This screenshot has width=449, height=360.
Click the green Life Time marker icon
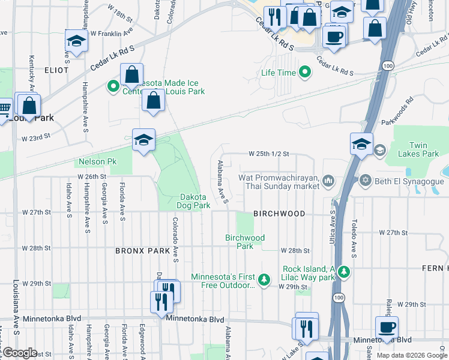coord(305,73)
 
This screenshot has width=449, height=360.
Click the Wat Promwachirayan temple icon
coord(328,180)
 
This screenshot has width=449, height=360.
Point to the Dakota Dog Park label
coord(193,201)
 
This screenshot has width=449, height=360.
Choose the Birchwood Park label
coord(244,242)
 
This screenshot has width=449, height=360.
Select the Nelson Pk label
coord(97,162)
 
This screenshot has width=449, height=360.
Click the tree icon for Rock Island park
coord(343,272)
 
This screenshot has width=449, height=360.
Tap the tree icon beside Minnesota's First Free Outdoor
coord(264,280)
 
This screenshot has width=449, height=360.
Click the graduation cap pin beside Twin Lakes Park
coord(362,144)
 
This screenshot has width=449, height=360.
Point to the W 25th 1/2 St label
coord(269,154)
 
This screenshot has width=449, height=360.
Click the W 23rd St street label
coord(35,138)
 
